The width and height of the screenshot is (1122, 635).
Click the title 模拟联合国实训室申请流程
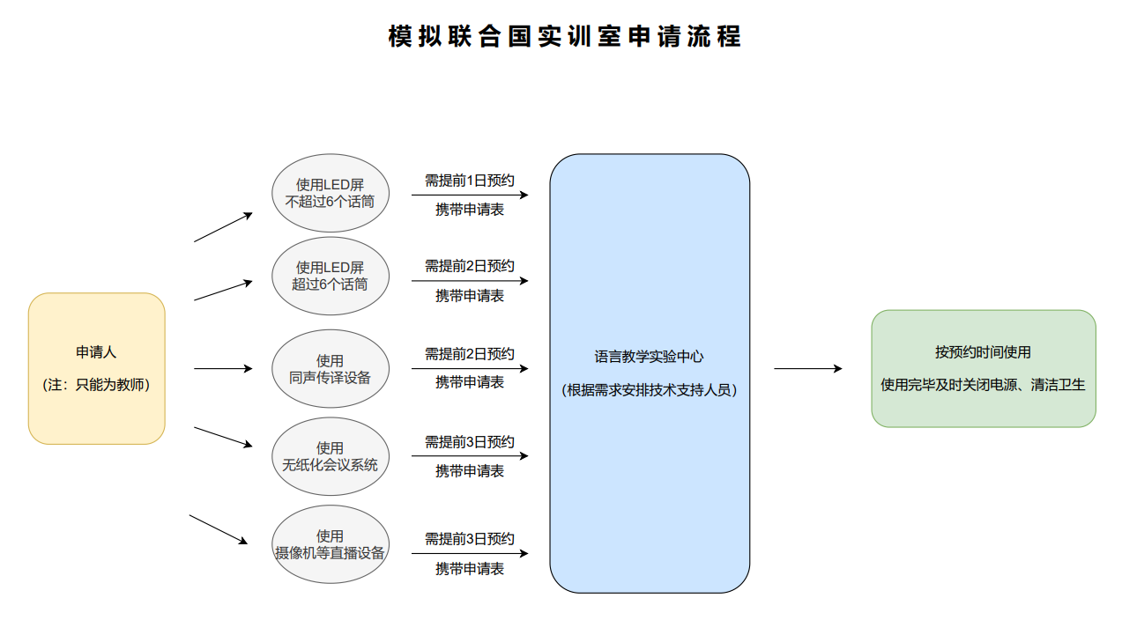point(564,36)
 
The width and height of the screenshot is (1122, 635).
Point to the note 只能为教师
point(96,385)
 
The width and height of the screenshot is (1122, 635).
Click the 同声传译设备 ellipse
point(330,369)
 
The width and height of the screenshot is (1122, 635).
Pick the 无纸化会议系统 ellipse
point(330,456)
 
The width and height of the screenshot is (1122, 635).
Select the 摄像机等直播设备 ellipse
point(330,544)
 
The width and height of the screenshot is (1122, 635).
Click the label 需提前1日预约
point(470,181)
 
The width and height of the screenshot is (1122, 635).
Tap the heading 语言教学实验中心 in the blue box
point(650,357)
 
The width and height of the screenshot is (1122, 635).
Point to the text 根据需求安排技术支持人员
point(650,390)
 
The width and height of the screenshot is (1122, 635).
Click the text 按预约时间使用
point(983,352)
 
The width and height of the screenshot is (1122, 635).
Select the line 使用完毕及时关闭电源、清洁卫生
point(983,385)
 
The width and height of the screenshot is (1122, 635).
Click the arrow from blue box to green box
point(807,369)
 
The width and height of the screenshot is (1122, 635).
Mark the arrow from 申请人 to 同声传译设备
point(222,369)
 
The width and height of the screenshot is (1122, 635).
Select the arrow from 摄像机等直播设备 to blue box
point(470,553)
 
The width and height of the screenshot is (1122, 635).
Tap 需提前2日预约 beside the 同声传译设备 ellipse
point(470,354)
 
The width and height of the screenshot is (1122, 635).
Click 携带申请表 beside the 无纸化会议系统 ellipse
point(470,471)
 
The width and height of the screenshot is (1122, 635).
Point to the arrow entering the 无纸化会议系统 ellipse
point(222,437)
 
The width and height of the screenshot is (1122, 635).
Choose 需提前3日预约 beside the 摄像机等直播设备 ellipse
point(470,539)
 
